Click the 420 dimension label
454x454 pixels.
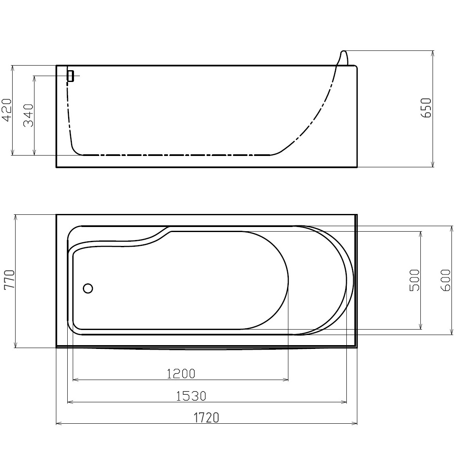click(x=7, y=110)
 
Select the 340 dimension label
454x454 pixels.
click(x=29, y=116)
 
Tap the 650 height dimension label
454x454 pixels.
click(x=426, y=108)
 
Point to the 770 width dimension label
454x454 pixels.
click(x=9, y=279)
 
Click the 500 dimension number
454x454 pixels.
click(x=414, y=280)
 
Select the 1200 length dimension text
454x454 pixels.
click(x=181, y=374)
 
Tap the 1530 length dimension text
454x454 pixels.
click(x=191, y=396)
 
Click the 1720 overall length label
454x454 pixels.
click(x=206, y=417)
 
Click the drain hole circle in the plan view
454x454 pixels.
click(x=88, y=288)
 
